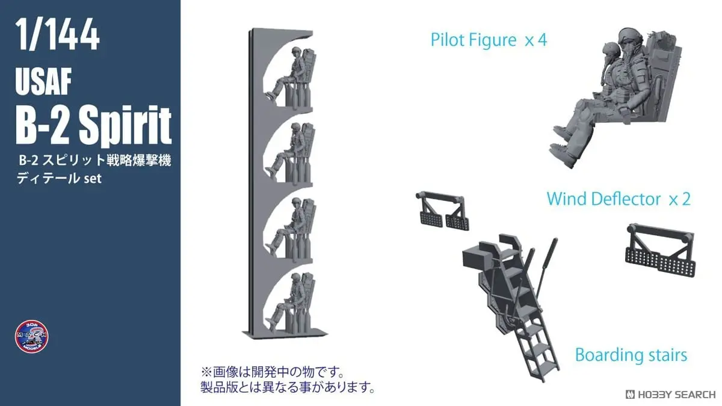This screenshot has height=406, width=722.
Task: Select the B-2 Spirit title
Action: coord(93,125)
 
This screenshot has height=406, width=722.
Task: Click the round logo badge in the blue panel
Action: coord(32,336)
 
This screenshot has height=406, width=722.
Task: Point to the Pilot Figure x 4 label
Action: coord(489,40)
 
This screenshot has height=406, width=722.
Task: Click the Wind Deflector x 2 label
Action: coord(618,198)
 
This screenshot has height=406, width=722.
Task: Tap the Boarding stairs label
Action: coord(631,355)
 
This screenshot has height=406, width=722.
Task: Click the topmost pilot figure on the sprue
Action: coord(291,75)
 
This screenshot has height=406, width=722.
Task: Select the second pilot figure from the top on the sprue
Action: coord(291,150)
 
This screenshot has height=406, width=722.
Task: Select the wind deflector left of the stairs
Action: coord(441,211)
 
